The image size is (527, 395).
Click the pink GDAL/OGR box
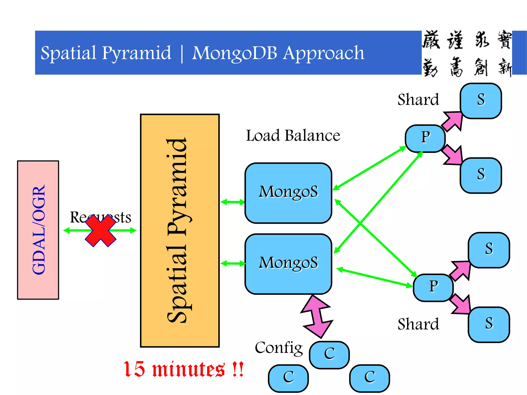click(x=38, y=230)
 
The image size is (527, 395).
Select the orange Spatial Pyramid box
click(x=180, y=230)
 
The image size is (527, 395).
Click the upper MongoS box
click(x=288, y=193)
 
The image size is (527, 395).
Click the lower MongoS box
click(x=288, y=264)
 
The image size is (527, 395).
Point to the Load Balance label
click(x=293, y=136)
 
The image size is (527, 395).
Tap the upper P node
click(x=425, y=138)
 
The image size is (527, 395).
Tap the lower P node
click(x=433, y=288)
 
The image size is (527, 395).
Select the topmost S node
click(x=481, y=101)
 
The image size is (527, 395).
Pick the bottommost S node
click(x=489, y=325)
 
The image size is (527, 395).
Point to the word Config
click(x=279, y=348)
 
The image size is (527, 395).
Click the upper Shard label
click(x=418, y=100)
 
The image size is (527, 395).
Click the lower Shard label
click(x=418, y=324)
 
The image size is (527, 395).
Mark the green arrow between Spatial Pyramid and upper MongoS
click(x=233, y=202)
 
